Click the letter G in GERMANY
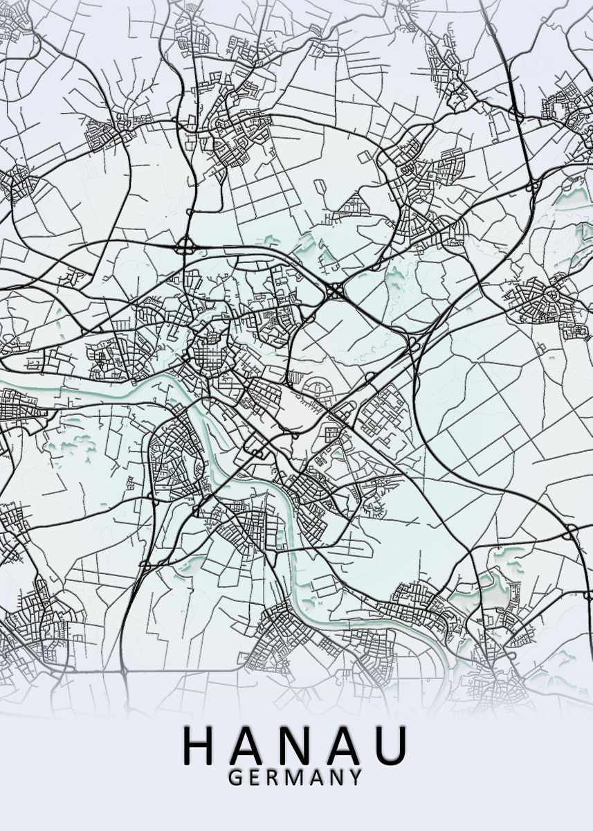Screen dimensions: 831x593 coord(235,778)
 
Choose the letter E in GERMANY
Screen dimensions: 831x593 coord(255,778)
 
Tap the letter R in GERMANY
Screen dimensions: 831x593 coord(273,778)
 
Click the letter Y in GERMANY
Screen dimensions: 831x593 coord(354,778)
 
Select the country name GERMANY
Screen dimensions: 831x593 coord(295,778)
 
